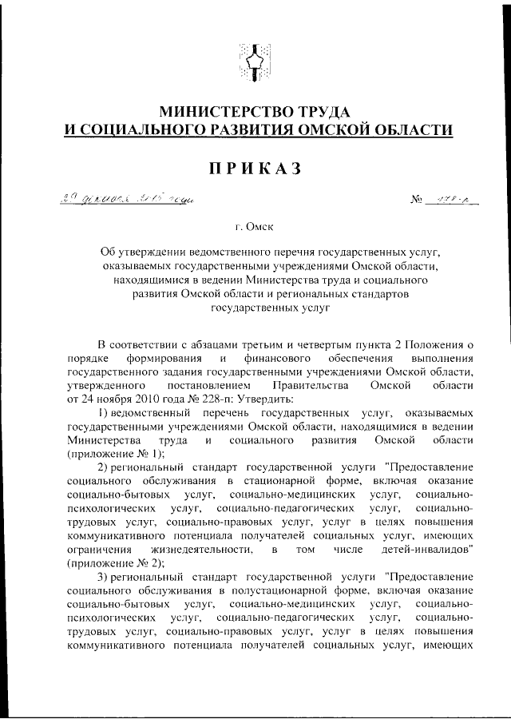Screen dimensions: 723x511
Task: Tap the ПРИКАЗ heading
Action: (x=255, y=168)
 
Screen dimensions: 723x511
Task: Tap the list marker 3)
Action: (x=104, y=577)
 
